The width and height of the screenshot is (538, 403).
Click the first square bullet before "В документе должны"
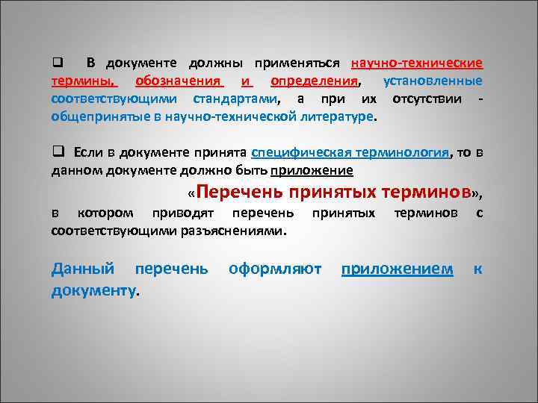55,62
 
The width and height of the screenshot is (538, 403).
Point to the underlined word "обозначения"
179,81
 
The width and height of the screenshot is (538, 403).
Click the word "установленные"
432,81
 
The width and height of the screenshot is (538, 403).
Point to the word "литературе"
336,118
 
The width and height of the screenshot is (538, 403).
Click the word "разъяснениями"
234,232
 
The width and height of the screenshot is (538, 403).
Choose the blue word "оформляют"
275,269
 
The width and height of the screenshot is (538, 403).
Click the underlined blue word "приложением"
397,269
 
